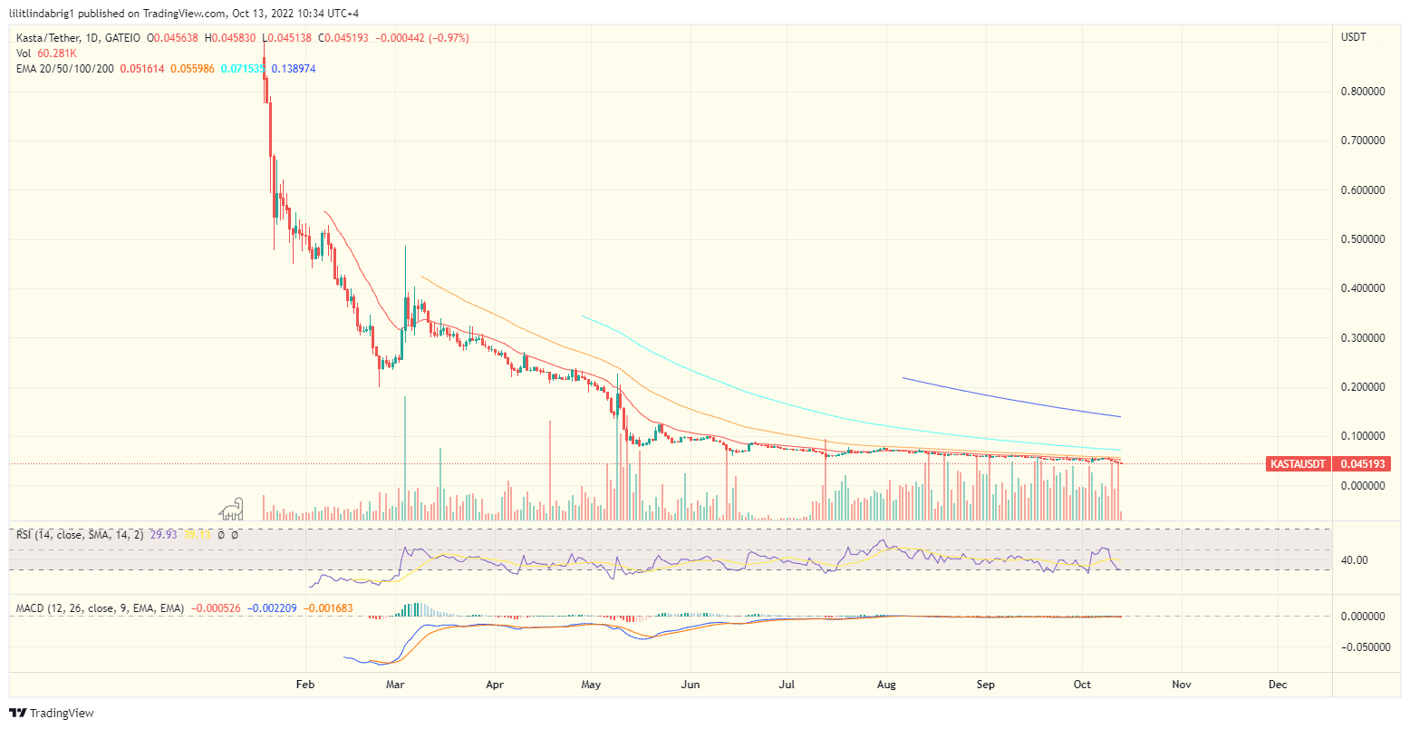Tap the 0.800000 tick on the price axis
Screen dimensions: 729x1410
[x=1363, y=92]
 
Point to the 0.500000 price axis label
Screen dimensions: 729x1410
[x=1363, y=239]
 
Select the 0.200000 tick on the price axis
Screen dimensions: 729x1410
[x=1363, y=387]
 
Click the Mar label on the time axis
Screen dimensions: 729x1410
[x=395, y=685]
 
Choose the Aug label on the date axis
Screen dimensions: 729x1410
[x=886, y=685]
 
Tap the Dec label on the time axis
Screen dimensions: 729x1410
[x=1278, y=685]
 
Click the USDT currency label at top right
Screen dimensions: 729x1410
[x=1354, y=37]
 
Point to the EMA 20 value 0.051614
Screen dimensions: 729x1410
[x=143, y=69]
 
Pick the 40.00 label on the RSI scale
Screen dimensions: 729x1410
[x=1354, y=560]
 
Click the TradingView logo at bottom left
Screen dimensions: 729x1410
[x=52, y=714]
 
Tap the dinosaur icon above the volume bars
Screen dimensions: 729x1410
[x=231, y=508]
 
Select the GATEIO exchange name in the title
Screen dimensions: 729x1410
[x=122, y=38]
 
